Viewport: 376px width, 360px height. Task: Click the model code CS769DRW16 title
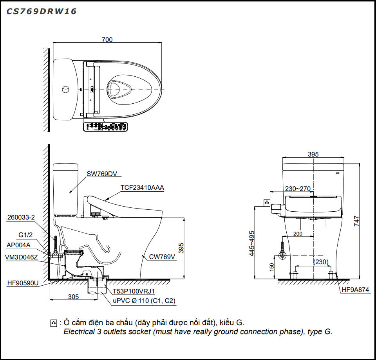pos(41,11)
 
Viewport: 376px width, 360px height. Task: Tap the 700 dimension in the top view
pos(107,39)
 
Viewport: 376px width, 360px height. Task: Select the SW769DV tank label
pos(102,174)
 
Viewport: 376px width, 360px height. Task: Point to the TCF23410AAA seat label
pos(143,187)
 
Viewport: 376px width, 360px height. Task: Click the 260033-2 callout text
pos(21,218)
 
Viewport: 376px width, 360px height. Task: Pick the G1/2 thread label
pos(26,235)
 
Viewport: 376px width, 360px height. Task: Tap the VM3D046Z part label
pos(22,257)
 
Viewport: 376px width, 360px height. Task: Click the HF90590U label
pos(23,283)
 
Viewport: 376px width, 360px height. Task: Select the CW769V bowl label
pos(162,257)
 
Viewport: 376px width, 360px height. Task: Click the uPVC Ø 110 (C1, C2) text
pos(144,301)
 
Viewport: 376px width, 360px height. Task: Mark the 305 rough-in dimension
pos(73,297)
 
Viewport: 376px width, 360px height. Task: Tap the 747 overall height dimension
pos(356,221)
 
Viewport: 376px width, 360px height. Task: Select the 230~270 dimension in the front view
pos(298,189)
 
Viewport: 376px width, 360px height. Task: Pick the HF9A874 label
pos(355,290)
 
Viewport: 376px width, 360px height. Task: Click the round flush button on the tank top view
pos(65,90)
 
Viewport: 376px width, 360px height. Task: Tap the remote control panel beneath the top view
pos(105,126)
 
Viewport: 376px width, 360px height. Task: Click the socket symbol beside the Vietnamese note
pos(54,323)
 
